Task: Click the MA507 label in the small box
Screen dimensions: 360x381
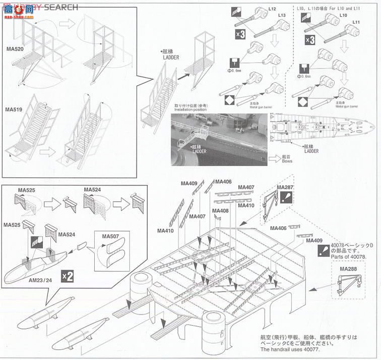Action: pyautogui.click(x=110, y=236)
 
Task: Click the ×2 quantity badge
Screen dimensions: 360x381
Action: pyautogui.click(x=67, y=275)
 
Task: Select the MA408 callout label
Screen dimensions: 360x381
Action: pyautogui.click(x=220, y=211)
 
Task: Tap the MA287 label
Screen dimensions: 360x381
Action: pyautogui.click(x=285, y=188)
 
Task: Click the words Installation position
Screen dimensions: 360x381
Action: pyautogui.click(x=190, y=109)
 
